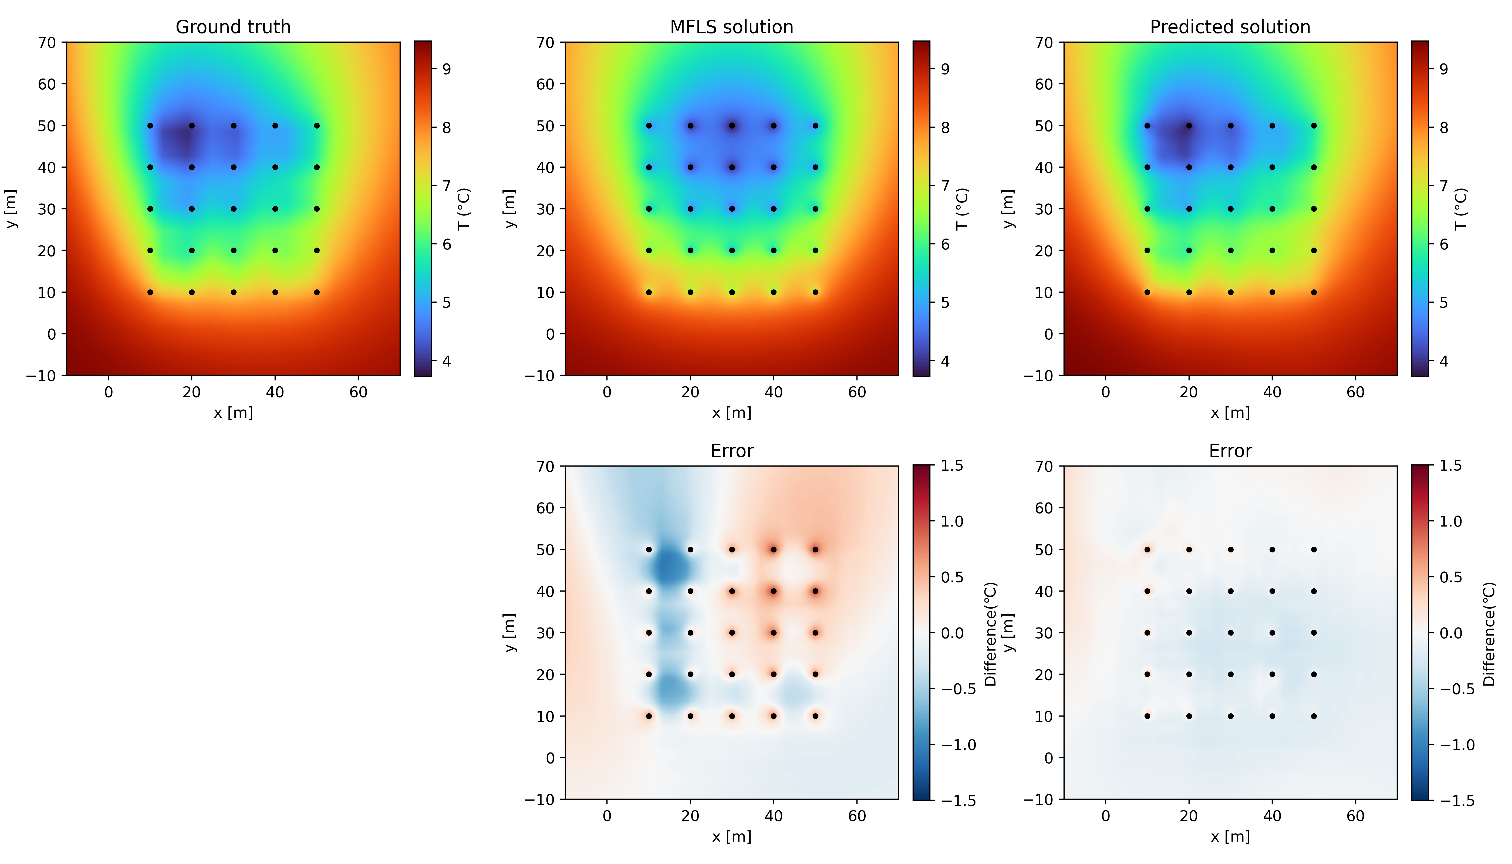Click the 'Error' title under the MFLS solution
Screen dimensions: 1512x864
732,451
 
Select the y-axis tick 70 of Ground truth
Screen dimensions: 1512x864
48,43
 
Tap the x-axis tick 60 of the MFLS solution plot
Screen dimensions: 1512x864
857,392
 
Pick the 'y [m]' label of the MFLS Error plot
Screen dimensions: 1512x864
510,633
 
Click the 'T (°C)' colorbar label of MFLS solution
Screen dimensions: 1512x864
963,209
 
